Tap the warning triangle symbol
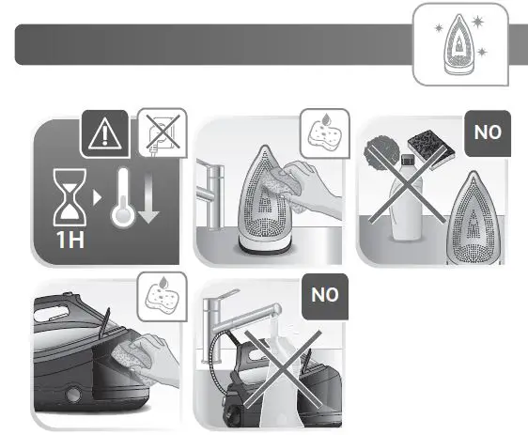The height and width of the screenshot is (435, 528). tap(101, 133)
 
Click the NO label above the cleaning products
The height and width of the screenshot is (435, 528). tap(487, 133)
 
